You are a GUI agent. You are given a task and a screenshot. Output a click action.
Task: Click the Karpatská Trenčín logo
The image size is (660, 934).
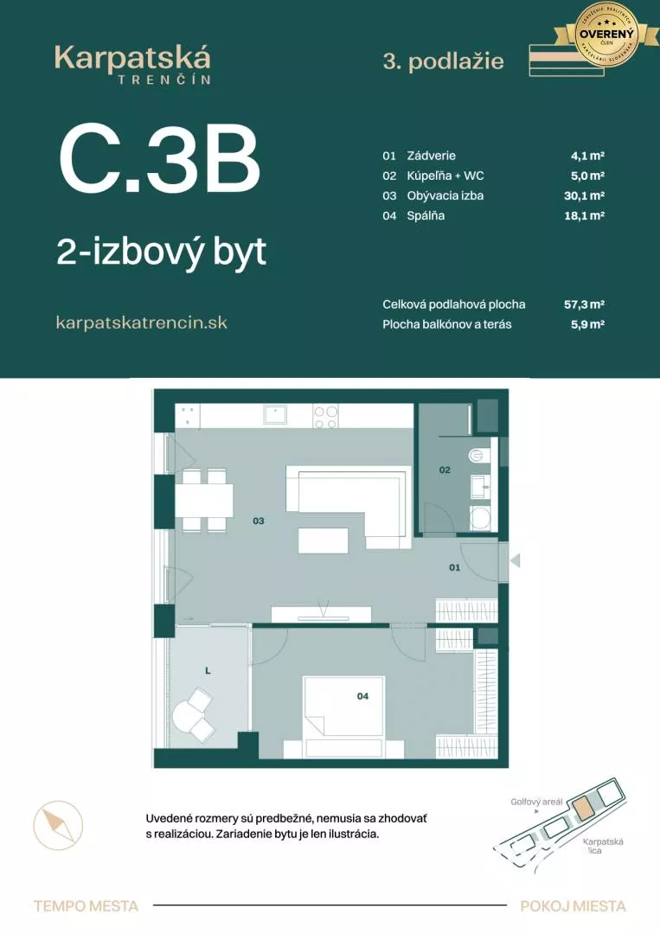[x=132, y=64]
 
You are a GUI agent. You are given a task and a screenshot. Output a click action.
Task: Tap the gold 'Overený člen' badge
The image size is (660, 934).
[x=606, y=34]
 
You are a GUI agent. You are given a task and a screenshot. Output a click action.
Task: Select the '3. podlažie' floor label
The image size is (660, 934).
[x=443, y=61]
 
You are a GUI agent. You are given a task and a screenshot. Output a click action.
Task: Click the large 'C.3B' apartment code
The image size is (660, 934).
[x=160, y=162]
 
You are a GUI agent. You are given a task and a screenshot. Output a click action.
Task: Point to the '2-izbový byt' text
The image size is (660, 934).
[x=161, y=252]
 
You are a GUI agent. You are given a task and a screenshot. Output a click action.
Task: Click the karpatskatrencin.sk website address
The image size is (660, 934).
[x=141, y=323]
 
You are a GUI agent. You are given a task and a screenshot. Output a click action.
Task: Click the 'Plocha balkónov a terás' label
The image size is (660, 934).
[x=447, y=324]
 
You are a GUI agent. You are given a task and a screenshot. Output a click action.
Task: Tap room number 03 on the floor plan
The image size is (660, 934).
[x=258, y=521]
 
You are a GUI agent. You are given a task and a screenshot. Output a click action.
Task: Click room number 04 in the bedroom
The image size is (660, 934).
[x=363, y=694]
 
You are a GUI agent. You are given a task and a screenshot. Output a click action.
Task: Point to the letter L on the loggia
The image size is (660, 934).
[x=208, y=669]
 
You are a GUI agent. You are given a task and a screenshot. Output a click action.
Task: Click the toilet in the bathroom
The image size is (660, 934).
[x=478, y=455]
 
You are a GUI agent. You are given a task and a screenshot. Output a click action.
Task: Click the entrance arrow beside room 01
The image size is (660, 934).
[x=515, y=561]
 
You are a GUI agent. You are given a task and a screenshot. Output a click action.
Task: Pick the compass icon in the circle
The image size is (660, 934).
[x=58, y=825]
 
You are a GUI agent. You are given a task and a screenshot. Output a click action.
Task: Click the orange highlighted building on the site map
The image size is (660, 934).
[x=585, y=809]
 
